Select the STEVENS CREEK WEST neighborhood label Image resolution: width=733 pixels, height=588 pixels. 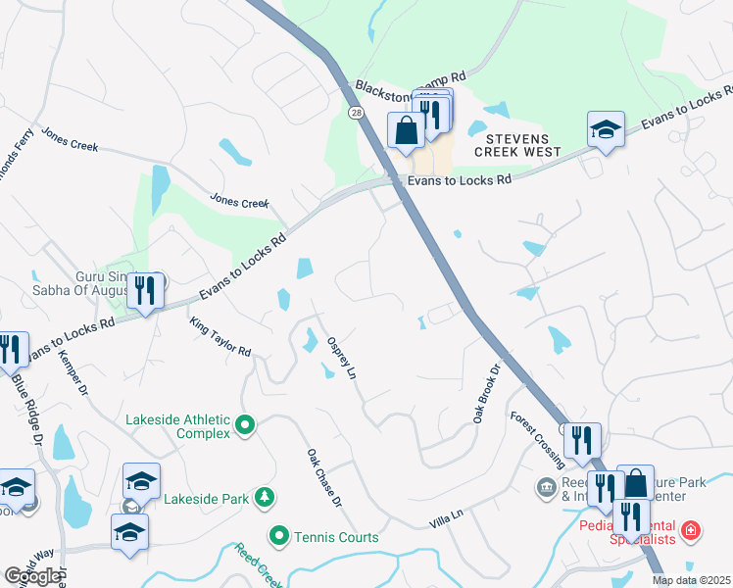(517, 145)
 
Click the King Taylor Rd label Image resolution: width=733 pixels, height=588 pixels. (220, 337)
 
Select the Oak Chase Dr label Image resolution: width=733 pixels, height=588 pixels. (323, 477)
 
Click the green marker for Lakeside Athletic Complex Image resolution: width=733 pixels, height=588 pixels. (245, 426)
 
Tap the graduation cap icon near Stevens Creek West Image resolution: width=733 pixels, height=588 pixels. (606, 128)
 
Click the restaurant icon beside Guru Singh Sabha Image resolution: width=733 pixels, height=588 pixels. (145, 290)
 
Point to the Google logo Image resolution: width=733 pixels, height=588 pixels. (32, 576)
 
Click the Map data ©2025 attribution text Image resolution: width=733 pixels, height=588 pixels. (690, 580)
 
